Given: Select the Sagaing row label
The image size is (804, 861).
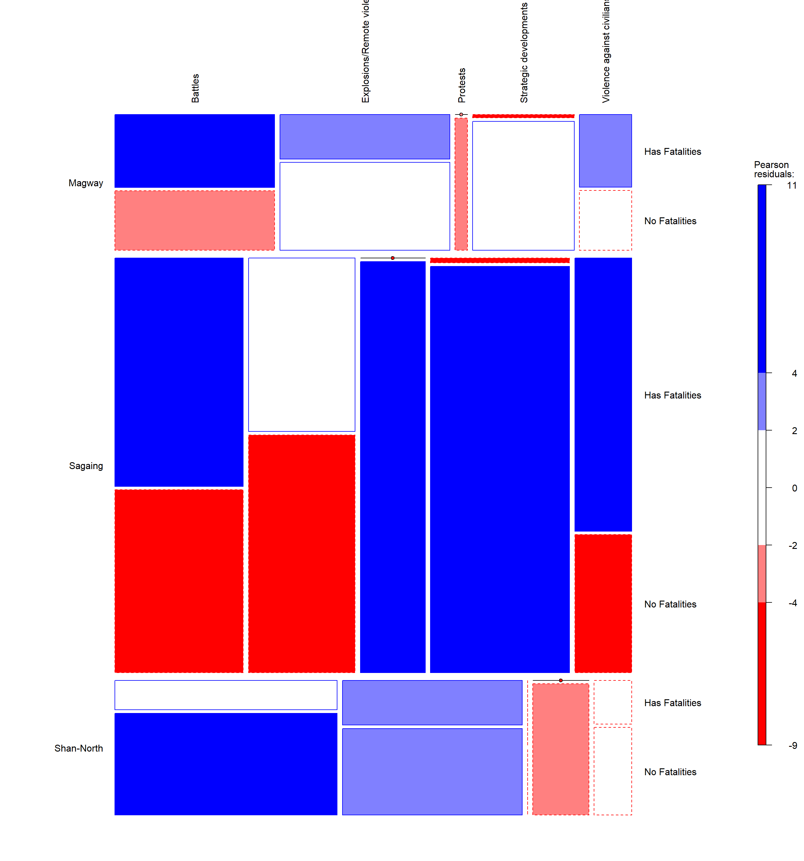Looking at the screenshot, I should coord(86,466).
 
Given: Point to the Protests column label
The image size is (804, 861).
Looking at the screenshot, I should coord(462,85).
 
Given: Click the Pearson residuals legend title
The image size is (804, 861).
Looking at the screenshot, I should coord(774,169).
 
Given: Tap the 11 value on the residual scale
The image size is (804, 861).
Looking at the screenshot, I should coord(792,186).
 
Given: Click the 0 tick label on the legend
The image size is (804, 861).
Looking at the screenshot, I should coord(794,488).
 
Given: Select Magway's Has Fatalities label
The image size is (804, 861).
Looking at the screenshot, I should coord(672,152).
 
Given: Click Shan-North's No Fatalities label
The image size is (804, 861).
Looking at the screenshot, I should coord(670,772).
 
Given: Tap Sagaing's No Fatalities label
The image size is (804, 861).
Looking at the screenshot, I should coord(670,604).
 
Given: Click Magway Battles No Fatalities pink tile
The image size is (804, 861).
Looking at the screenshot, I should coord(194,220).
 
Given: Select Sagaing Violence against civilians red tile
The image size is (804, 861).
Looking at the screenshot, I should coord(603,603).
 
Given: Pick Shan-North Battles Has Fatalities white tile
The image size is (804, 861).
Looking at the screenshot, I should coord(226,695).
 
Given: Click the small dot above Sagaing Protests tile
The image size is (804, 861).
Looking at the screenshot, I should coord(393,258).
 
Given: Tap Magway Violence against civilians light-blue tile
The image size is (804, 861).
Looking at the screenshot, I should coord(605,151).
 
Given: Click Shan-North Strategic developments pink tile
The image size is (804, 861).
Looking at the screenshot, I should coord(561,749).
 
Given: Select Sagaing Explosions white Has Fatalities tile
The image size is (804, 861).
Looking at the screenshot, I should coord(302,345).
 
